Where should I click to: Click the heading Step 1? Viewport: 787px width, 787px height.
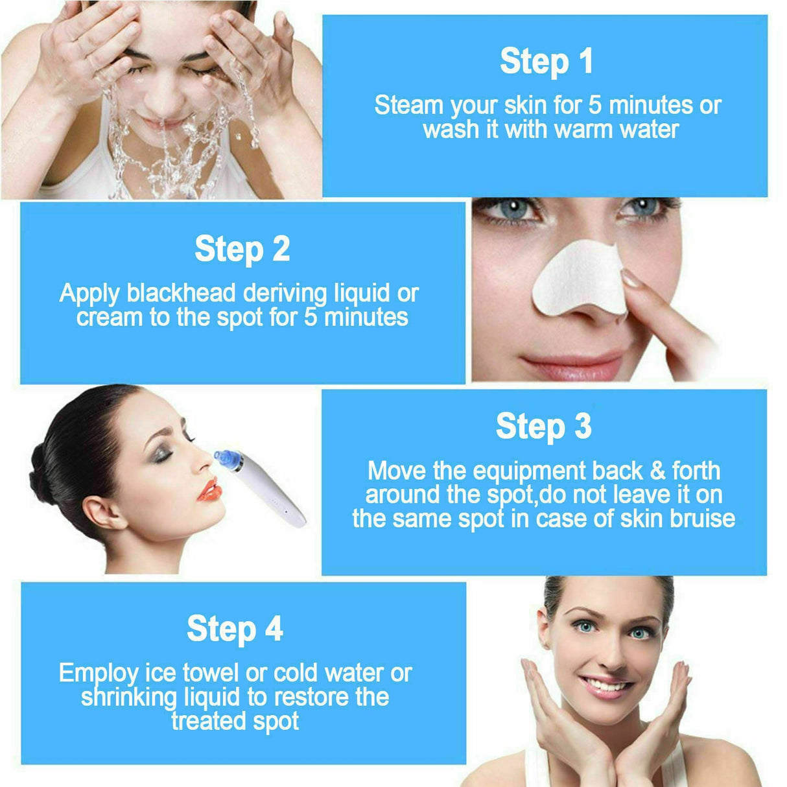pyautogui.click(x=546, y=62)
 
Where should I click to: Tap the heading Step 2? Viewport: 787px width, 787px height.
pyautogui.click(x=242, y=250)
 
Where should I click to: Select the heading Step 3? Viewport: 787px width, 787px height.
pyautogui.click(x=543, y=427)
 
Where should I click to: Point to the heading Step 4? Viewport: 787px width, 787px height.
pyautogui.click(x=235, y=629)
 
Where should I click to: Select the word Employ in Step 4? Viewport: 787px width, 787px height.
pyautogui.click(x=98, y=674)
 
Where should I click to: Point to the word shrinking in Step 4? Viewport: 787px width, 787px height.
pyautogui.click(x=128, y=698)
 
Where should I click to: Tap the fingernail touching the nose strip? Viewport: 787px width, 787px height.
pyautogui.click(x=631, y=279)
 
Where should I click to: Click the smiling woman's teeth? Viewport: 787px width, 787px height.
pyautogui.click(x=604, y=685)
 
